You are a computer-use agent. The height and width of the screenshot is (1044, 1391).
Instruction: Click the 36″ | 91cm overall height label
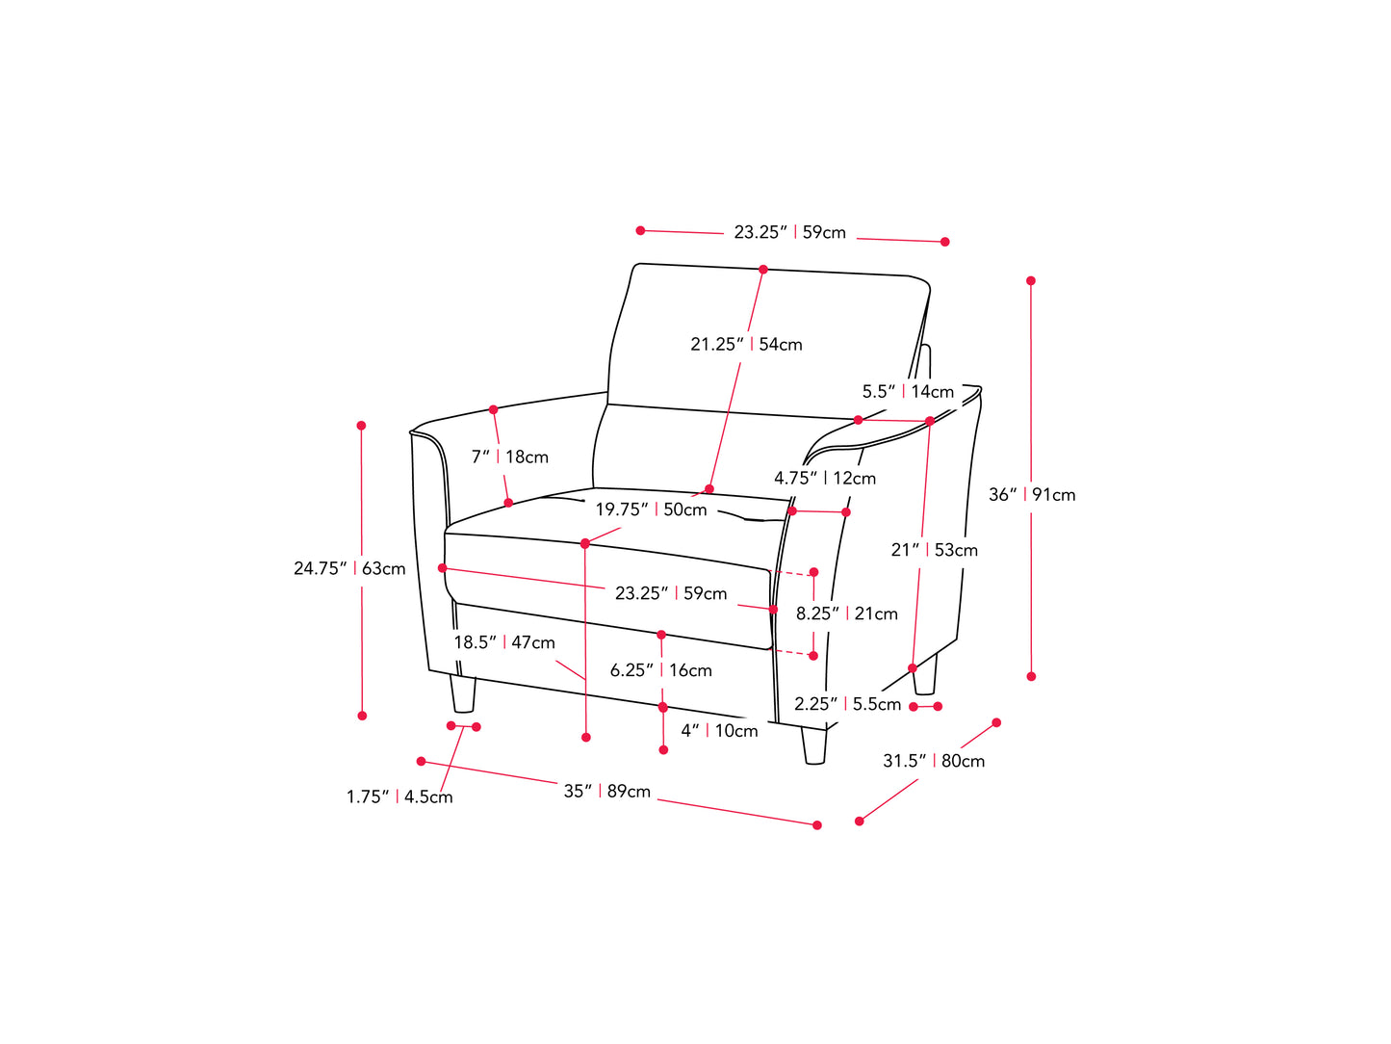[x=1032, y=495]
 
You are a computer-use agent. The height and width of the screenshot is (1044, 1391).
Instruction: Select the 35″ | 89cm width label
[x=606, y=792]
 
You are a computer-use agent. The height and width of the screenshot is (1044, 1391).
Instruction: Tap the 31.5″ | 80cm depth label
[x=934, y=761]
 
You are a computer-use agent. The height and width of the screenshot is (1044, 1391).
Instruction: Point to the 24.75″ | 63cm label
[x=349, y=568]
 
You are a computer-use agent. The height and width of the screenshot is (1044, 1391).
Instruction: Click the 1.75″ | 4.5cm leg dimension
[x=399, y=796]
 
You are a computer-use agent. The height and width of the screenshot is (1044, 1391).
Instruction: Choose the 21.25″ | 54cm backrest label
[x=746, y=344]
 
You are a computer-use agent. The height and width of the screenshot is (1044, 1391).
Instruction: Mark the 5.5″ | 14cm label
[x=908, y=391]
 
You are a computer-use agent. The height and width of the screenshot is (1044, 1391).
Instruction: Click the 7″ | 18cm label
[x=509, y=457]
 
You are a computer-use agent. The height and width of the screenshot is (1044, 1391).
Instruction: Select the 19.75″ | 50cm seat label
[x=651, y=509]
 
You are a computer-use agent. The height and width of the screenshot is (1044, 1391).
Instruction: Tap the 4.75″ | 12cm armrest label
[x=825, y=478]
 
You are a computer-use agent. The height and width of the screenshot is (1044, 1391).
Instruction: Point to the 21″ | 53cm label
[x=934, y=550]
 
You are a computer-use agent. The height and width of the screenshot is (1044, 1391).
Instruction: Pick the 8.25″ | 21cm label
[x=846, y=613]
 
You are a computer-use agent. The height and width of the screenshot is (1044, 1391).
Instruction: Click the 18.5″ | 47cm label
[x=504, y=642]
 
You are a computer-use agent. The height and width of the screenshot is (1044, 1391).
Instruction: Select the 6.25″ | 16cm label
[x=661, y=670]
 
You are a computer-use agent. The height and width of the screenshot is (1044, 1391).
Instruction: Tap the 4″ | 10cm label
[x=719, y=731]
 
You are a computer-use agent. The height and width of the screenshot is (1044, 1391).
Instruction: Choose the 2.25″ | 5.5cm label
[x=847, y=704]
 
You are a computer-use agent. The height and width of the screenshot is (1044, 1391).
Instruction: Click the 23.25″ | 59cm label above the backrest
[x=789, y=232]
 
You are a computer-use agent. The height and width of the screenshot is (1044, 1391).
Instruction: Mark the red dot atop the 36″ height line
[x=1031, y=281]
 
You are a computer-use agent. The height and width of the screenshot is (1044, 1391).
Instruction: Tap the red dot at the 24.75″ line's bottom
[x=362, y=716]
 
